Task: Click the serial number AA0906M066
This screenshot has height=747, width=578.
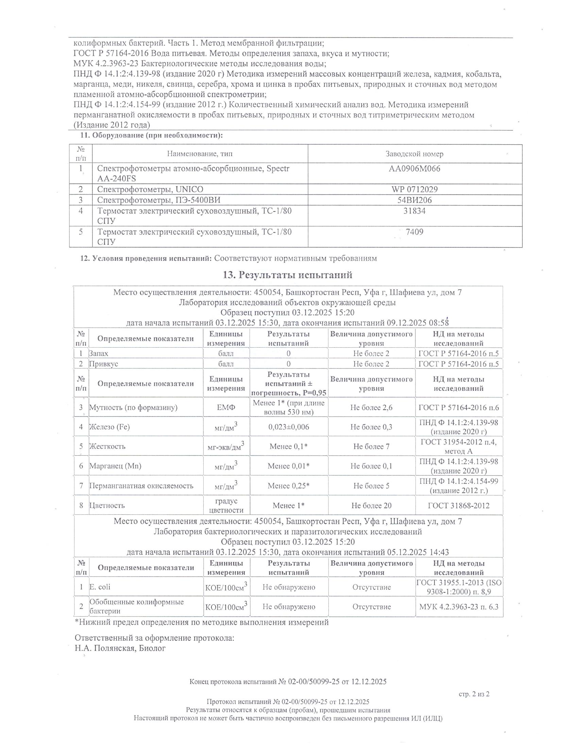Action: [x=414, y=169]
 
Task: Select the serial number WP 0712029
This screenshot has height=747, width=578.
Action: [x=414, y=189]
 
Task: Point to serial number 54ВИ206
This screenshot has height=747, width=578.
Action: [x=414, y=200]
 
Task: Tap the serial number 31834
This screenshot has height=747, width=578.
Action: [x=414, y=211]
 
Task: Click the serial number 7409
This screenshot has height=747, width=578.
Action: [x=414, y=232]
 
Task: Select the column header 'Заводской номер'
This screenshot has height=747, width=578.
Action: [x=414, y=154]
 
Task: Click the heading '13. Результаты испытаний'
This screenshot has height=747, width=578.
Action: [x=288, y=275]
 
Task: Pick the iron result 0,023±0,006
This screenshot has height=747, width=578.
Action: [x=289, y=427]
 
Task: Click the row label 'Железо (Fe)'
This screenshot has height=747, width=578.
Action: [x=109, y=427]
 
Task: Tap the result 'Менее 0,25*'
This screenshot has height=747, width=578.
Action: [x=289, y=486]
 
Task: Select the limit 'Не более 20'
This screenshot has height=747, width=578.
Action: [x=371, y=506]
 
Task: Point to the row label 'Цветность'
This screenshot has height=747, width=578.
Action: [x=107, y=506]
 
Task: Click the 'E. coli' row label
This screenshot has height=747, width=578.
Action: [x=100, y=587]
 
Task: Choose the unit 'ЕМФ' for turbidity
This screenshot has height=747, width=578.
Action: [x=226, y=407]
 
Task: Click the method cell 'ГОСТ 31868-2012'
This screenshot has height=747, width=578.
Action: [x=459, y=506]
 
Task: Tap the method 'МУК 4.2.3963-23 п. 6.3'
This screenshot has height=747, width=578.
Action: [x=459, y=607]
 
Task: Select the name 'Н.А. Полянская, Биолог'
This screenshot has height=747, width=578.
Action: [x=120, y=648]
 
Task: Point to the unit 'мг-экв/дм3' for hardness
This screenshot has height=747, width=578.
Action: [x=226, y=446]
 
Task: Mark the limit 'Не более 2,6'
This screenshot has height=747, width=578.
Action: [x=371, y=407]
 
